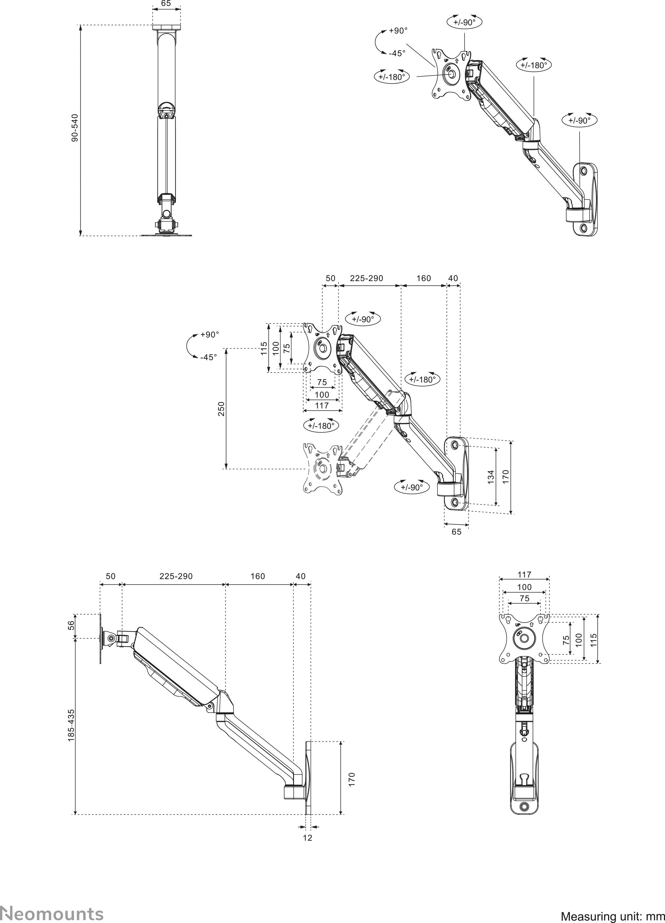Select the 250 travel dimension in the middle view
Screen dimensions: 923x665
[221, 409]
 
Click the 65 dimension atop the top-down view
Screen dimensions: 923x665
[166, 4]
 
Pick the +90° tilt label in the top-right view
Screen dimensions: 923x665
[398, 31]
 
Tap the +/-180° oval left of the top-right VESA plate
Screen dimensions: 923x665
[392, 77]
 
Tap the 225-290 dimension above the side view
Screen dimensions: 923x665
[176, 576]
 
